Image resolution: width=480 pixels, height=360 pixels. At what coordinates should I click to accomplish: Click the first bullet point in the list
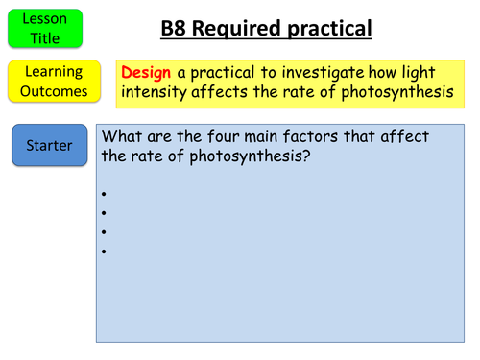[102, 194]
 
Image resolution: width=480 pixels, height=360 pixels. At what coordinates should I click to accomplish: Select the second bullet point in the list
[102, 213]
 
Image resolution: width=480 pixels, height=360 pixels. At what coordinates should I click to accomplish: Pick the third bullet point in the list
[102, 232]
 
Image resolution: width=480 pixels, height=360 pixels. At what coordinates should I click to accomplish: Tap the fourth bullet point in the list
[102, 252]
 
